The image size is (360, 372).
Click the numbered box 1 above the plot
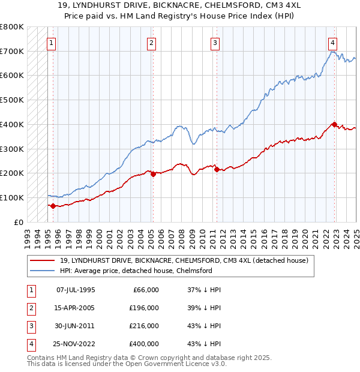point(52,43)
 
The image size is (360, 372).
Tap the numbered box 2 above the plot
point(152,43)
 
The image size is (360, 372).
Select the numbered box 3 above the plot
point(215,43)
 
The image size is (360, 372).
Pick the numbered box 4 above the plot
point(332,43)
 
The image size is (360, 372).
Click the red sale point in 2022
point(335,124)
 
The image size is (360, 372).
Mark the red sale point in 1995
point(53,206)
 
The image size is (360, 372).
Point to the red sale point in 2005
point(153,174)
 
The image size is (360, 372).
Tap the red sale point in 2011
point(216,169)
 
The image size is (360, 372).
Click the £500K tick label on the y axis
point(12,100)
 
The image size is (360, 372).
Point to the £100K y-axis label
point(12,198)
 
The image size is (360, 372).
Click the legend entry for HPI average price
point(136,271)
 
